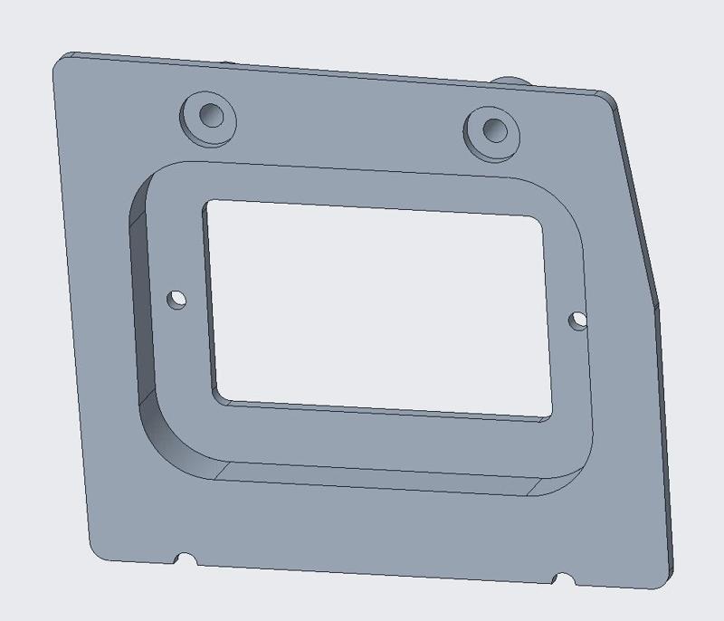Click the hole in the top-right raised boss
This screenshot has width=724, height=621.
click(494, 129)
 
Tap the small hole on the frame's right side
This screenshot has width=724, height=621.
click(577, 319)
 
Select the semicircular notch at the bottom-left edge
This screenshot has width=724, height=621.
click(186, 559)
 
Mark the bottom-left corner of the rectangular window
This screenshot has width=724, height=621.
click(217, 398)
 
